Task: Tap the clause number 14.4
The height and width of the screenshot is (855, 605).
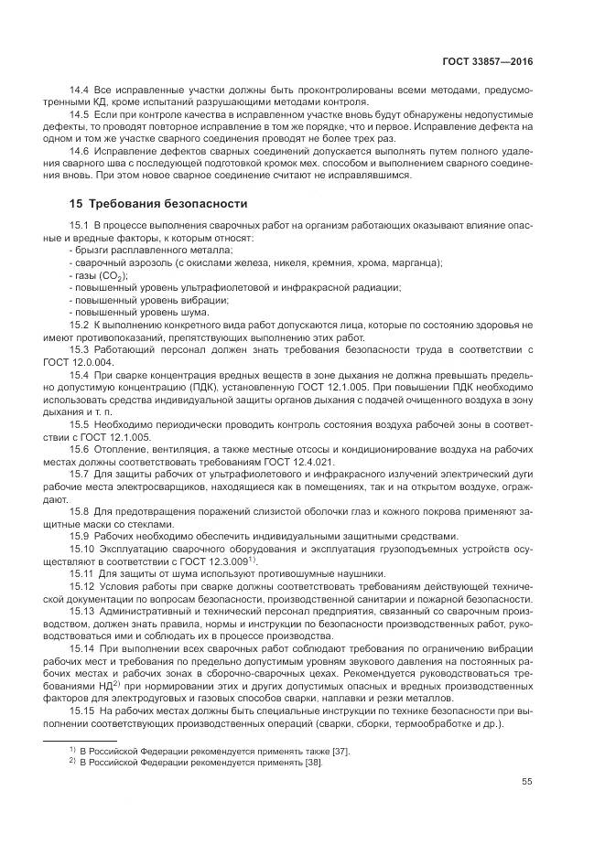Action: pyautogui.click(x=80, y=90)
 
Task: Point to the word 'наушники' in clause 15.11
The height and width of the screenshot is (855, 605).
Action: pyautogui.click(x=297, y=572)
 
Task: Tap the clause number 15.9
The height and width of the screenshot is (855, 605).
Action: pyautogui.click(x=80, y=535)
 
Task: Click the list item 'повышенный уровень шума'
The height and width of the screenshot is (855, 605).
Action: pyautogui.click(x=139, y=312)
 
